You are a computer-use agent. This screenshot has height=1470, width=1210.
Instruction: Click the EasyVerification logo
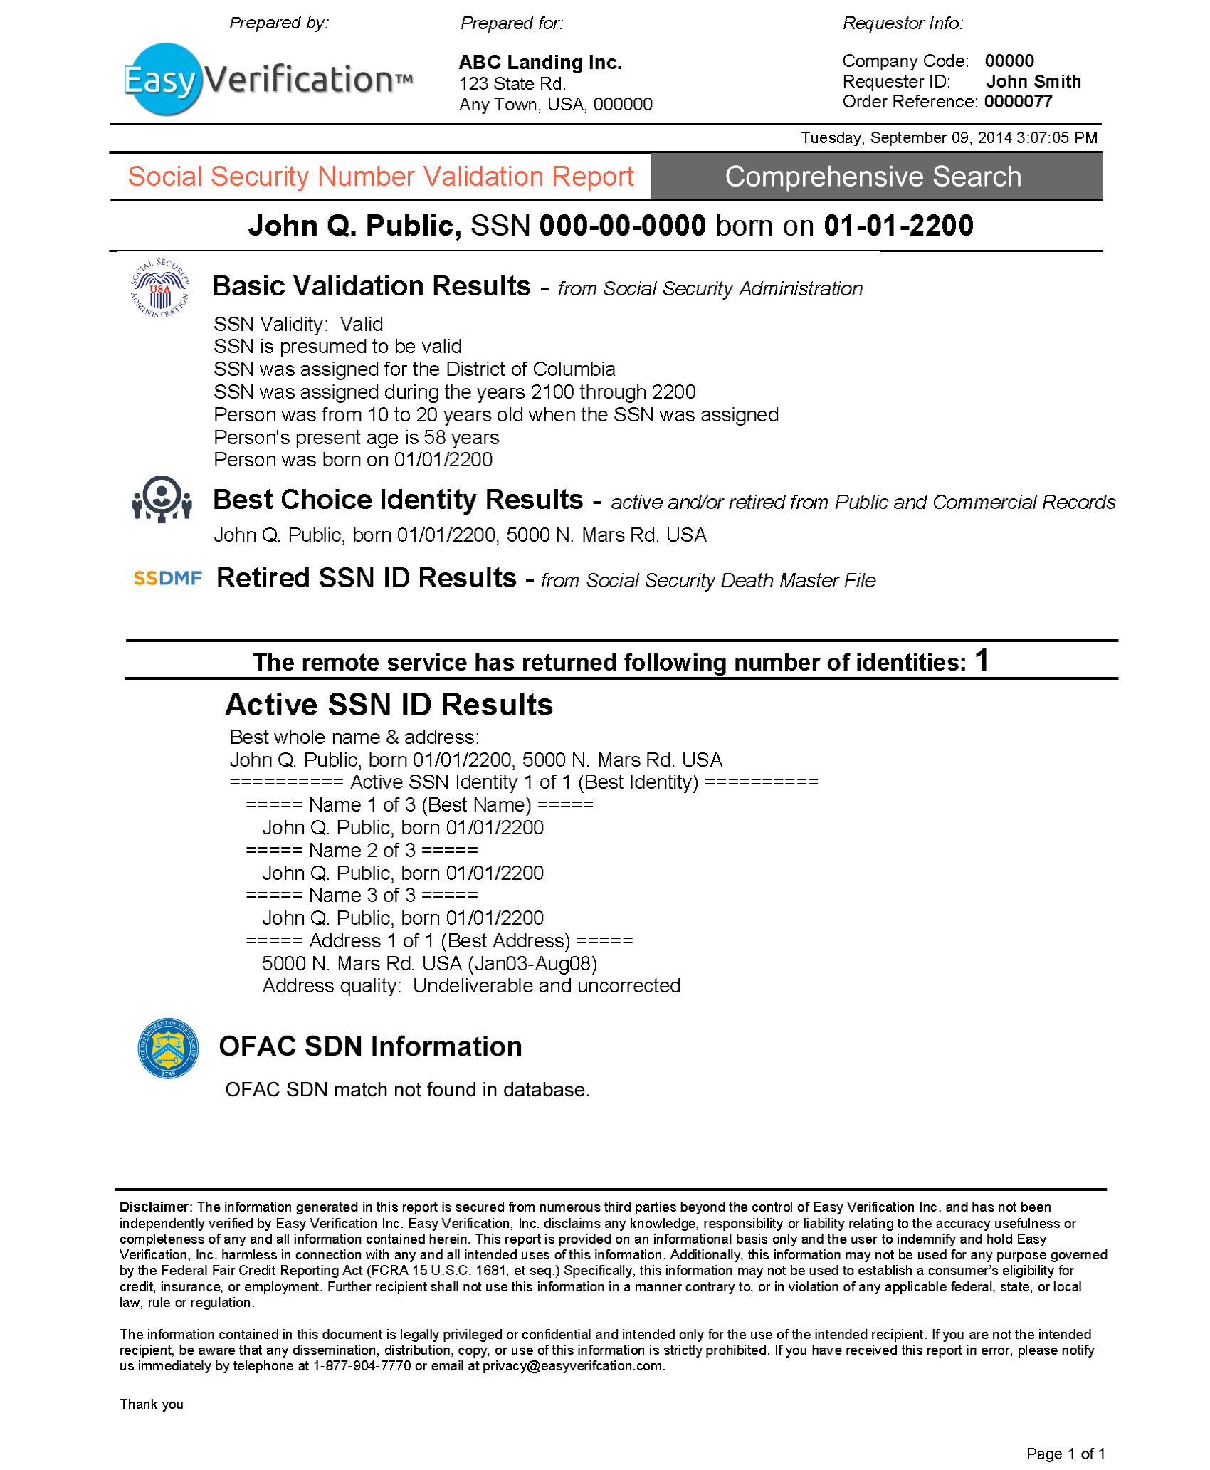pyautogui.click(x=267, y=79)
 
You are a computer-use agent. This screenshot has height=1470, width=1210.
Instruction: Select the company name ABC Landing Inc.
pyautogui.click(x=540, y=63)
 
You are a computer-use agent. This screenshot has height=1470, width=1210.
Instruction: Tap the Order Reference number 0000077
pyautogui.click(x=1018, y=102)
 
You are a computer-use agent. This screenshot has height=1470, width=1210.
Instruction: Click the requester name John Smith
pyautogui.click(x=1033, y=82)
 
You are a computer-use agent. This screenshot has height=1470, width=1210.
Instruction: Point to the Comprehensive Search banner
pyautogui.click(x=873, y=177)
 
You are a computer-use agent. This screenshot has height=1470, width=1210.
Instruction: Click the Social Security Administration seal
pyautogui.click(x=160, y=288)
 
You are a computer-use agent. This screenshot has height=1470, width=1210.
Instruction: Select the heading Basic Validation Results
pyautogui.click(x=371, y=286)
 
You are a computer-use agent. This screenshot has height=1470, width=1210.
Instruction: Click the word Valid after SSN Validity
pyautogui.click(x=362, y=325)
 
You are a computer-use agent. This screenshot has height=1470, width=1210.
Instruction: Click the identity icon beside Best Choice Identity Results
pyautogui.click(x=162, y=499)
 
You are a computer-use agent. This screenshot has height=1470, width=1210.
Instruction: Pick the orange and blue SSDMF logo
pyautogui.click(x=167, y=578)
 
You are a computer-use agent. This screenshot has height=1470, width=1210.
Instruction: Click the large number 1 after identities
pyautogui.click(x=982, y=659)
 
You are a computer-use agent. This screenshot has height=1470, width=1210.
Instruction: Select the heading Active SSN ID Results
pyautogui.click(x=389, y=705)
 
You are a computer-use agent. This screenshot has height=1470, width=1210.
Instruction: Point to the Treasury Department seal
pyautogui.click(x=168, y=1048)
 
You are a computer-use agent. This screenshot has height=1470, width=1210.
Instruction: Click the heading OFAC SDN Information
pyautogui.click(x=370, y=1046)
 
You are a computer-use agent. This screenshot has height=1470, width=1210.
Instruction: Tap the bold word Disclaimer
pyautogui.click(x=154, y=1207)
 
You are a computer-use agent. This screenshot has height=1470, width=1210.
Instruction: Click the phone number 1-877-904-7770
pyautogui.click(x=362, y=1365)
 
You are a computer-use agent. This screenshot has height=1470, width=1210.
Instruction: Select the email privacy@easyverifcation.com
pyautogui.click(x=572, y=1365)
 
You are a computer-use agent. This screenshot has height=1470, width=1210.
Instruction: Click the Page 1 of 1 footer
pyautogui.click(x=1065, y=1454)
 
